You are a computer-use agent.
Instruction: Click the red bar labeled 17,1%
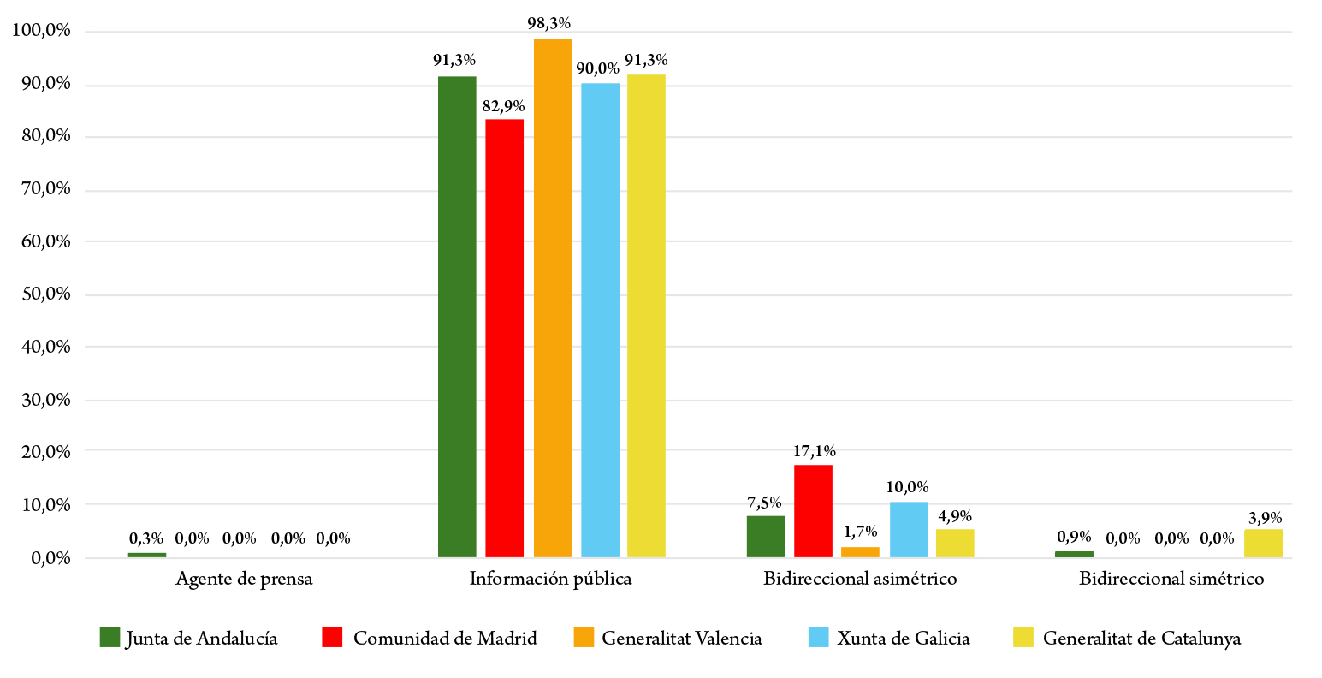tap(813, 511)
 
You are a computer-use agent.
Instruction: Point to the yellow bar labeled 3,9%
tap(1263, 544)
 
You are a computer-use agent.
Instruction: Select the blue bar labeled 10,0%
tap(909, 530)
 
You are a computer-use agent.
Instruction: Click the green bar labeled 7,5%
tap(766, 537)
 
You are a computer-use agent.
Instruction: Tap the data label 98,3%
tap(549, 23)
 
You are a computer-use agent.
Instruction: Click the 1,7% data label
tap(859, 532)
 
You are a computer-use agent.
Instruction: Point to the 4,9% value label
tap(954, 516)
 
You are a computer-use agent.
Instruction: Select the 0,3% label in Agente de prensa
tap(146, 538)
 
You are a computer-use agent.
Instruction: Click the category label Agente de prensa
tap(244, 580)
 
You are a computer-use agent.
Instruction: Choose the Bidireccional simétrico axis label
tap(1171, 580)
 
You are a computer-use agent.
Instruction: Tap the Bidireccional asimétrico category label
tap(860, 580)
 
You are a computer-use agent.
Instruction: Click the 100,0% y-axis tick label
tap(41, 32)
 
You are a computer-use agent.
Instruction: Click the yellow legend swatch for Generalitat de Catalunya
tap(1023, 638)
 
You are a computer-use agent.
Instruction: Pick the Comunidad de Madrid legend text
tap(445, 639)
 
